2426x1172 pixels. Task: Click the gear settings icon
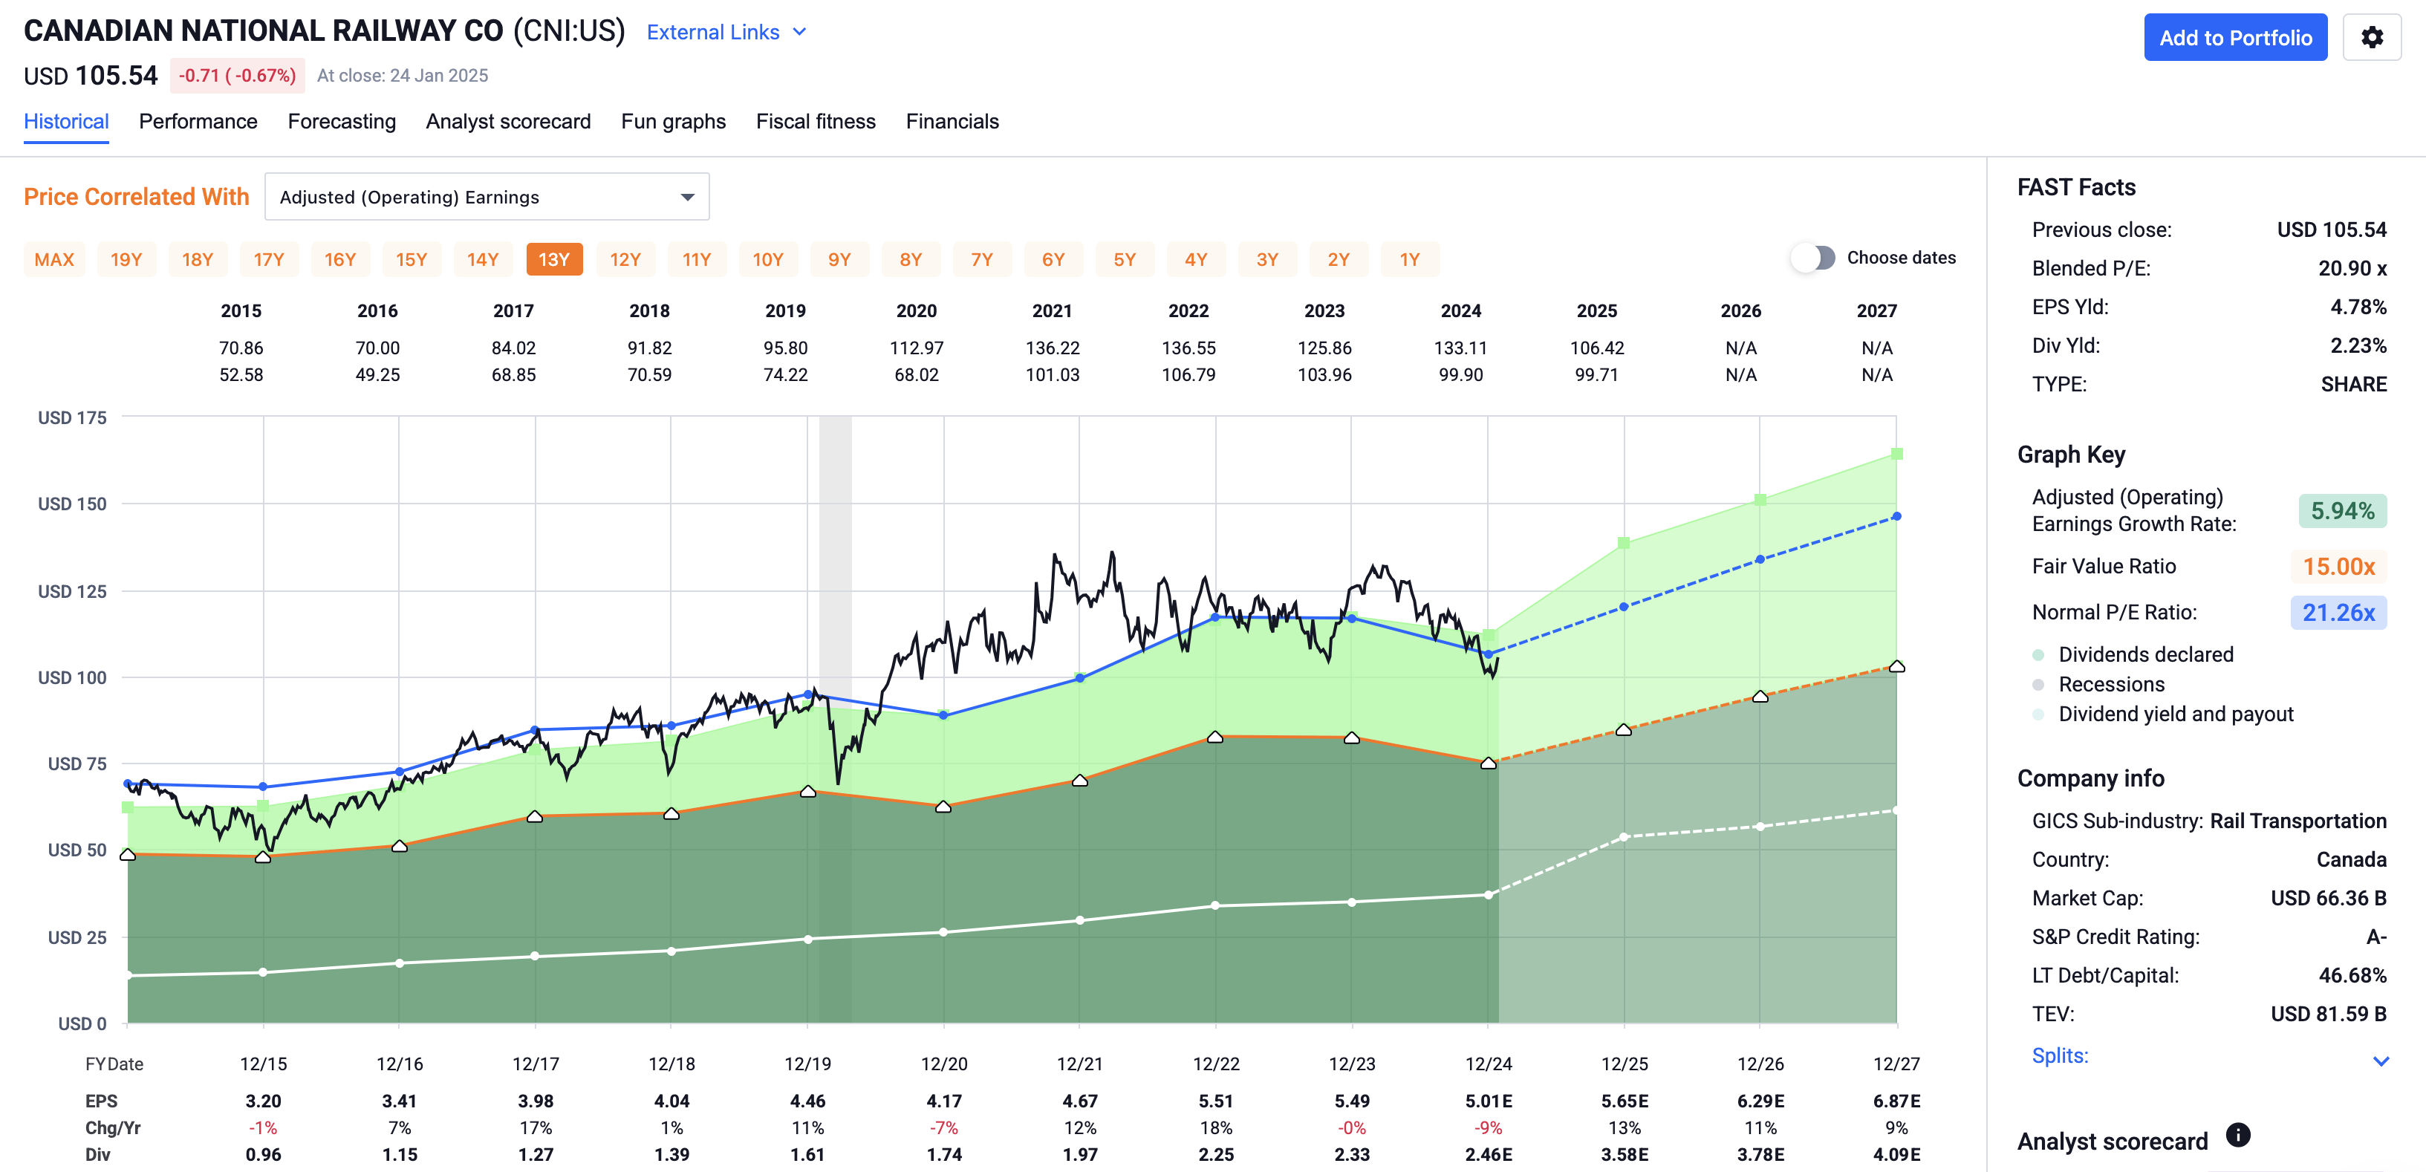click(x=2370, y=38)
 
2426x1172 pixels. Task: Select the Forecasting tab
click(x=341, y=122)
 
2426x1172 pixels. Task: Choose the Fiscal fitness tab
click(x=815, y=122)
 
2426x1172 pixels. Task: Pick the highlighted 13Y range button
click(x=554, y=260)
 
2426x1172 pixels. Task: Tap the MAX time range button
click(x=53, y=260)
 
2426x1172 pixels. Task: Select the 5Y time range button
click(x=1124, y=260)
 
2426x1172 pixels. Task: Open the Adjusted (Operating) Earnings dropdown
click(x=486, y=197)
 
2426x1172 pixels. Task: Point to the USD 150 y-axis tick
click(x=73, y=504)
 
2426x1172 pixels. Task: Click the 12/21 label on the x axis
click(x=1079, y=1064)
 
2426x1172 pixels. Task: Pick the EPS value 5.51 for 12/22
click(x=1215, y=1101)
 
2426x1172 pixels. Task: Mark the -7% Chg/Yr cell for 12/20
click(x=943, y=1127)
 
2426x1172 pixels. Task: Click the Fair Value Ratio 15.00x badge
click(x=2338, y=567)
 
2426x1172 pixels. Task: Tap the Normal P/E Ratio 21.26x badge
click(x=2338, y=613)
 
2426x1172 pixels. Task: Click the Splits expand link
click(x=2059, y=1055)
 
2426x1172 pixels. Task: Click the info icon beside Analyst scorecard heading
click(x=2237, y=1136)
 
